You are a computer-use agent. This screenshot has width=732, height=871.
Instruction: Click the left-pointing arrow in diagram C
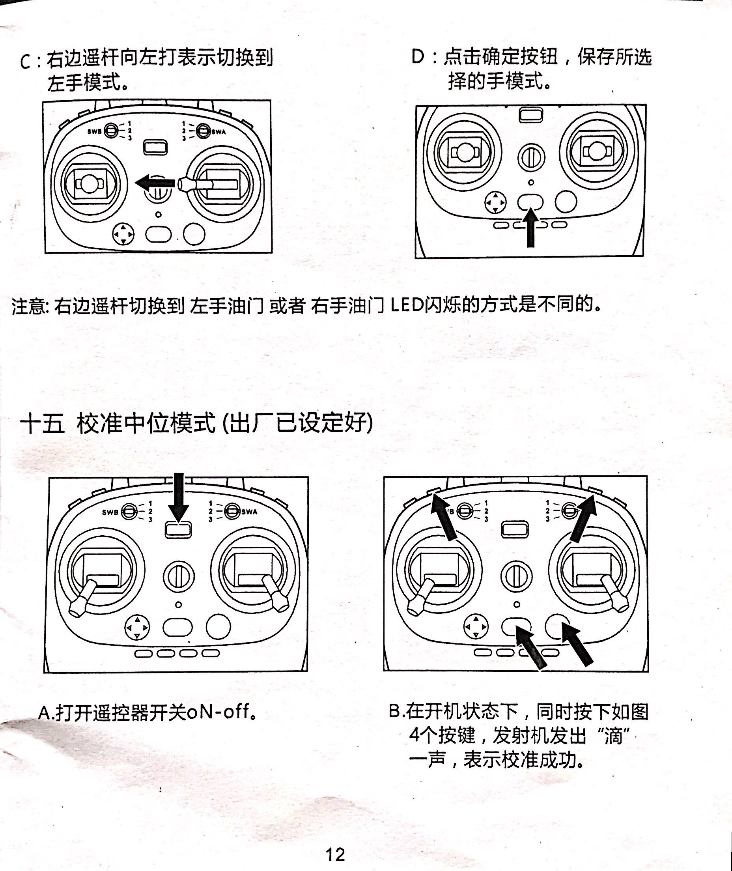154,182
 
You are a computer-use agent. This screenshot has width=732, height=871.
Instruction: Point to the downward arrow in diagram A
179,497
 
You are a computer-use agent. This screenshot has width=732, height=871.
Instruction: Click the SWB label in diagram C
94,131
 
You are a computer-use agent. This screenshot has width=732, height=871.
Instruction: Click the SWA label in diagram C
218,132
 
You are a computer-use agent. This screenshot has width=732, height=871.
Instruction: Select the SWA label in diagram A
249,512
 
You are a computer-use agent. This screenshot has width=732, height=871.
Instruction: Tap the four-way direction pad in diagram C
123,234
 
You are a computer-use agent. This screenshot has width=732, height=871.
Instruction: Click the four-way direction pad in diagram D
495,202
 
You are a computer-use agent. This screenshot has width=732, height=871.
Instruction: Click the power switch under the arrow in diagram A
178,530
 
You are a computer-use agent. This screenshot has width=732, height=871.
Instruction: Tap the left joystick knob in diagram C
88,183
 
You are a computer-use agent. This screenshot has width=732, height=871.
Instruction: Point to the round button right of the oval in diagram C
194,234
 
